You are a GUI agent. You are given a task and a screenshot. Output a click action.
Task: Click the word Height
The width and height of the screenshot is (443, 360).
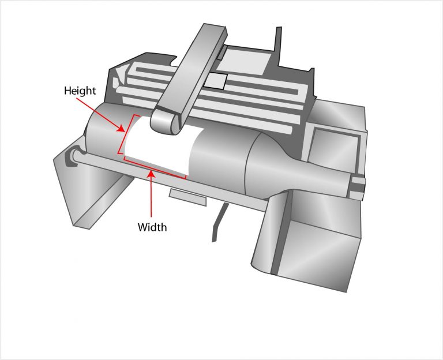pos(80,91)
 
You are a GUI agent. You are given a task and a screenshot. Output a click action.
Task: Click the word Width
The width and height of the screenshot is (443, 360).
pos(152,227)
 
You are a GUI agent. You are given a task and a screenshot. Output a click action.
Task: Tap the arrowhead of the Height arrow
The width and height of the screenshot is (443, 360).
pos(122,129)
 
